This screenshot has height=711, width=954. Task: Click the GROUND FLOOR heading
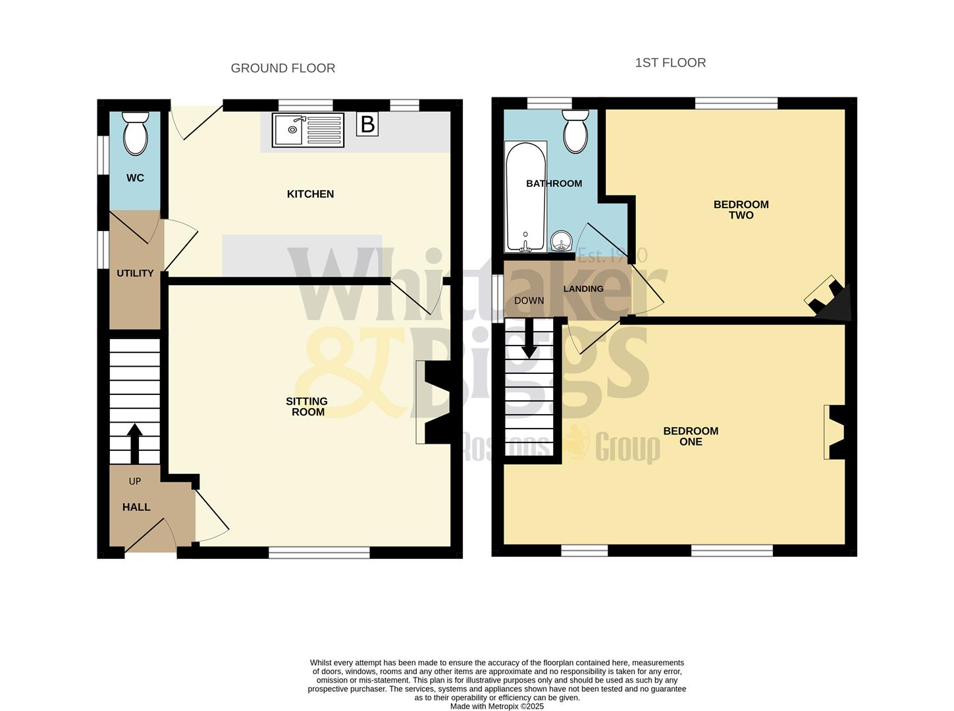point(282,68)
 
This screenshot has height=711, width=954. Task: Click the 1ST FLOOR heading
point(670,63)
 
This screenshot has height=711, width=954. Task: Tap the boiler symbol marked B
point(367,124)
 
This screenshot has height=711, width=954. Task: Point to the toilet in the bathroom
point(575,132)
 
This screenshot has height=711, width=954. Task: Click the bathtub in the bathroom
point(525,196)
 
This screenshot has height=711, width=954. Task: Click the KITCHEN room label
point(310,194)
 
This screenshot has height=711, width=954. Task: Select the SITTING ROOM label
point(307,407)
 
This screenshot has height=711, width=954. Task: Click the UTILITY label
point(135,273)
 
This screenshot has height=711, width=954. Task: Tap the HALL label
point(136,507)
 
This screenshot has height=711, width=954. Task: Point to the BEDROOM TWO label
point(741,210)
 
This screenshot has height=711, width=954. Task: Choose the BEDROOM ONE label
point(691,436)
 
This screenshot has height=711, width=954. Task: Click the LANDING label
point(583,289)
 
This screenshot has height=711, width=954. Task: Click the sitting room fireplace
point(435,403)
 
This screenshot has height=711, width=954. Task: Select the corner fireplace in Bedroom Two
point(831,300)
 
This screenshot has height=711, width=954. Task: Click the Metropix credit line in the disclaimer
point(497,706)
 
